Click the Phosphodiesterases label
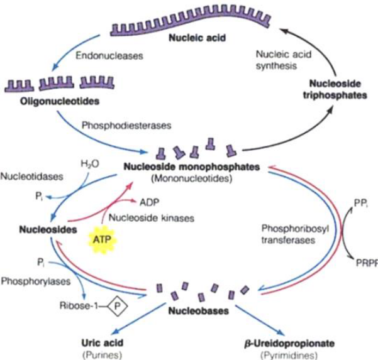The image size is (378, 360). [125, 124]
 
